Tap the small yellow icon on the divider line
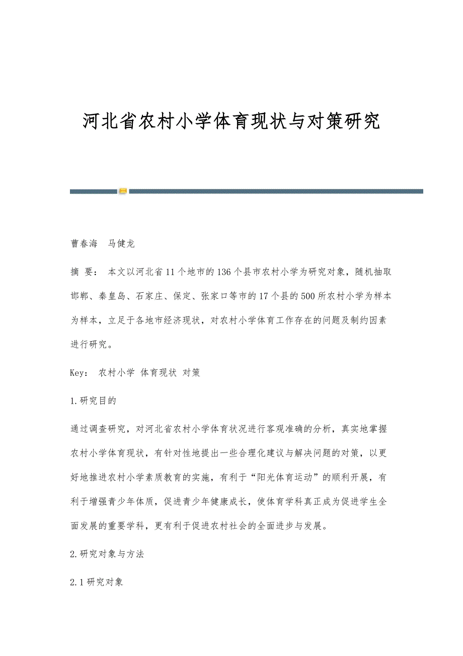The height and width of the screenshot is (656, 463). point(123,191)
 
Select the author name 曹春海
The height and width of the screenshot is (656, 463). point(84,243)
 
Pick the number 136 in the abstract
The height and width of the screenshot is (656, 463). point(222,272)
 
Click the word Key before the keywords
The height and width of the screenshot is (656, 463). point(79,373)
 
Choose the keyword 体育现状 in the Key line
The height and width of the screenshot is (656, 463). point(159,373)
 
